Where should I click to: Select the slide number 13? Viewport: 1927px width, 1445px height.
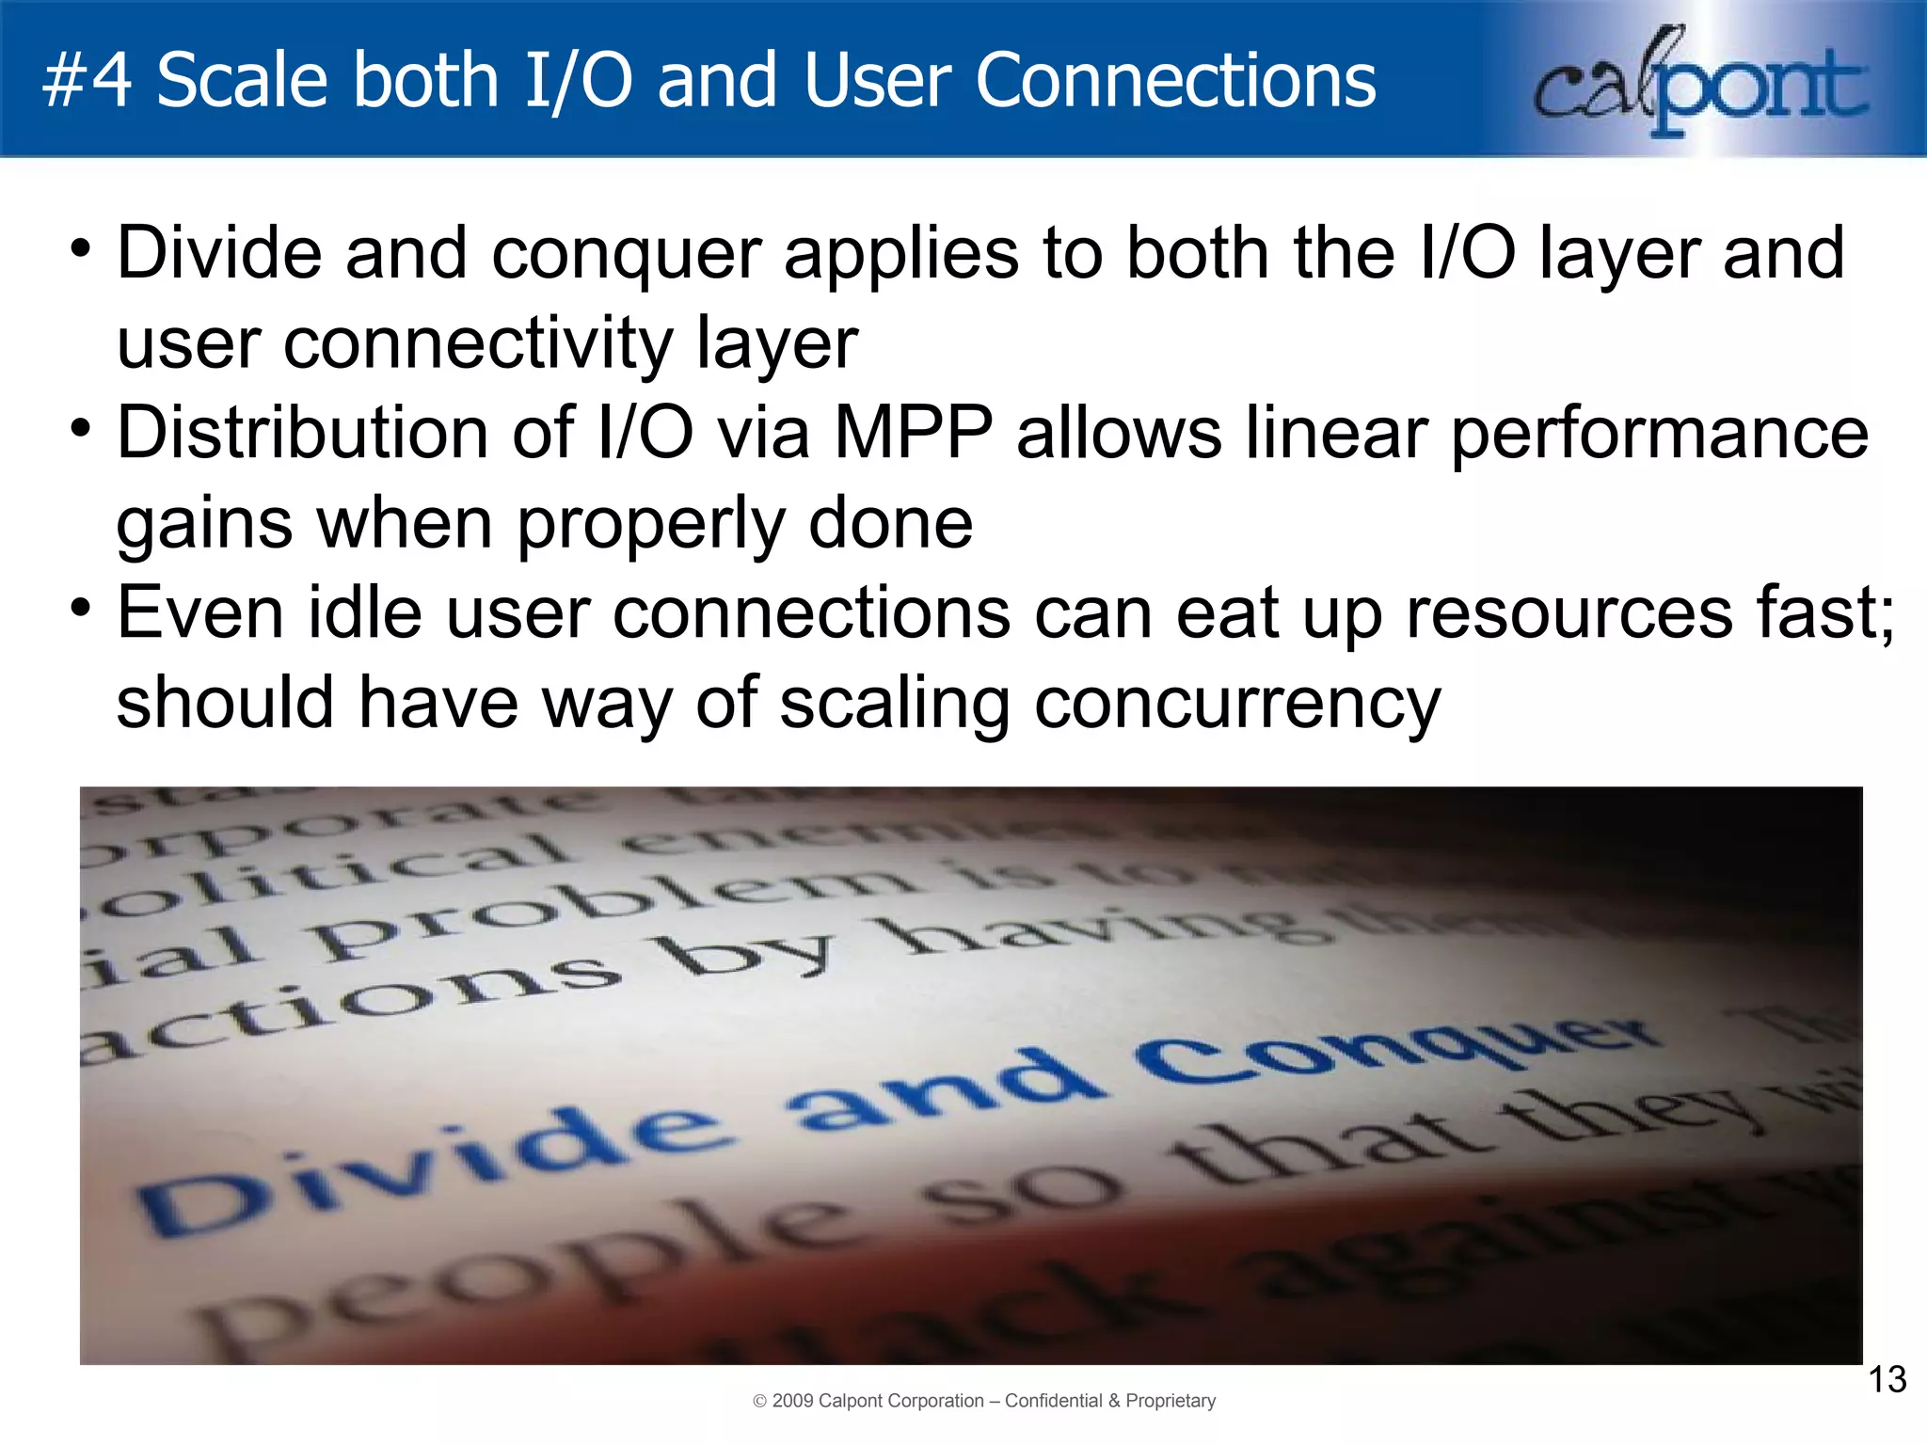(1886, 1380)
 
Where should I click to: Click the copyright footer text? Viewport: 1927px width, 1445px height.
(984, 1401)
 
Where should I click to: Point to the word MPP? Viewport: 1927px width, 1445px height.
(913, 434)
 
